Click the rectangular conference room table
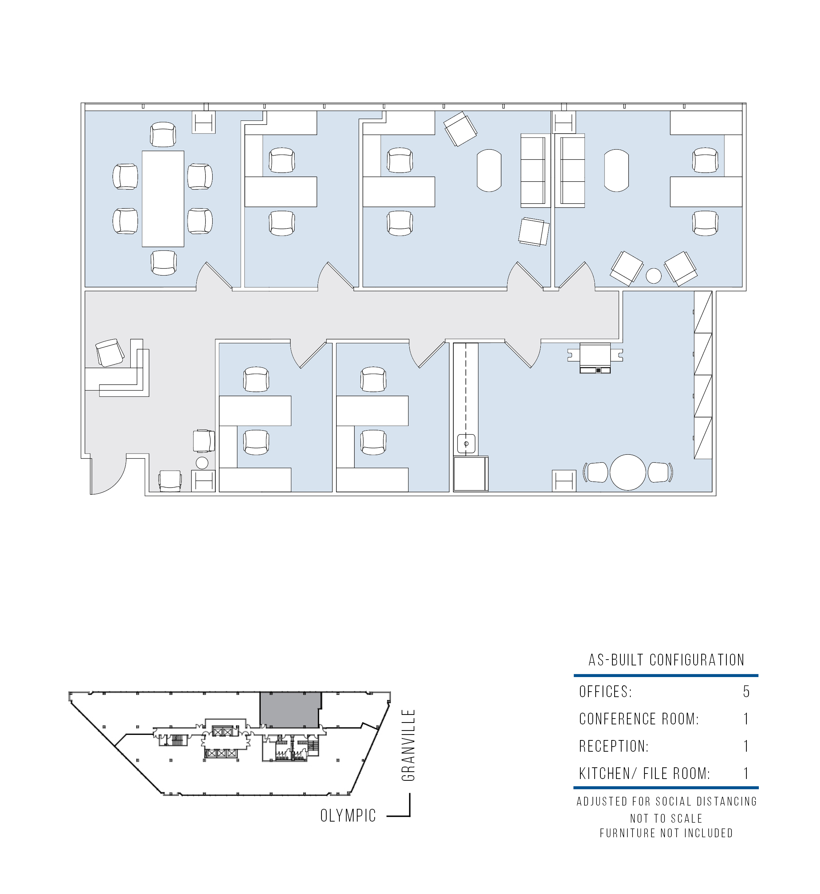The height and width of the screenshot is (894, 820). click(163, 198)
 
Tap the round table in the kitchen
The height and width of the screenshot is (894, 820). click(627, 472)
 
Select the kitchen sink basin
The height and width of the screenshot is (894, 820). click(466, 444)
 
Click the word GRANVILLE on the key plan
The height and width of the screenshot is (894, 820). click(408, 745)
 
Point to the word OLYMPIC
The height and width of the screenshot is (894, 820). click(348, 815)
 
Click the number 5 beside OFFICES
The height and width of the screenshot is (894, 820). click(746, 692)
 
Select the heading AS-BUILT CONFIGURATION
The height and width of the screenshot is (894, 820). click(666, 660)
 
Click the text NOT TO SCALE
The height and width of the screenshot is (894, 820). click(666, 818)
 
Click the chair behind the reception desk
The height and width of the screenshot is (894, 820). click(110, 352)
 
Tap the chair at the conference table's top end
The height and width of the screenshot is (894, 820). click(163, 135)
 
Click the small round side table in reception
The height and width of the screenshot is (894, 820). click(202, 463)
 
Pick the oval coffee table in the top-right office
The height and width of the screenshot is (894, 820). click(616, 170)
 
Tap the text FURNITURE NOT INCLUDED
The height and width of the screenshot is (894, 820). click(666, 833)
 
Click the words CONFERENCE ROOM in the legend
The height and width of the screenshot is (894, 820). click(639, 719)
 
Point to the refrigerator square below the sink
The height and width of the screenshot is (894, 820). click(471, 474)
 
